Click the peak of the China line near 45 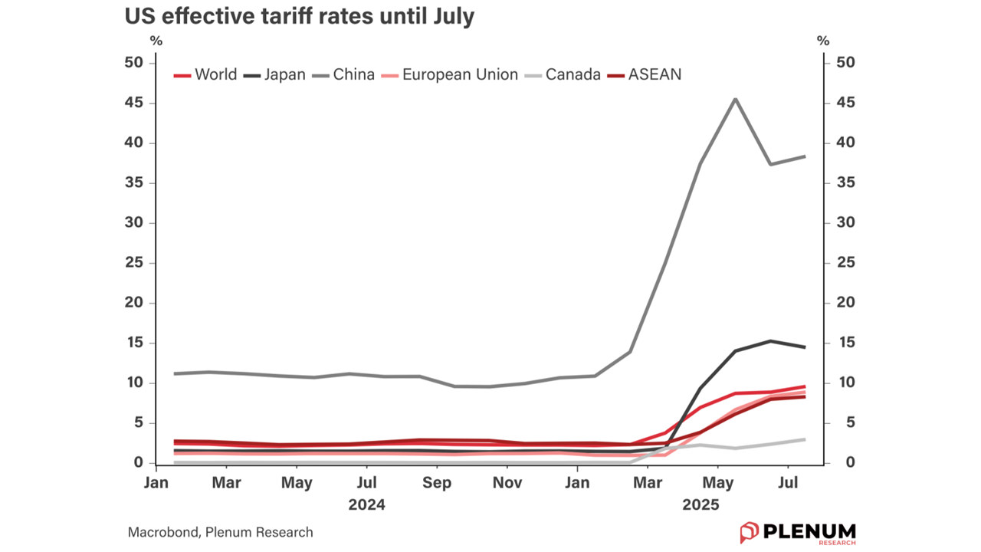pos(735,99)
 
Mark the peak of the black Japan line pos(770,341)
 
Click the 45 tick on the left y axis pos(133,103)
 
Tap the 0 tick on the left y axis pos(138,463)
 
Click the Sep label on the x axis pos(437,483)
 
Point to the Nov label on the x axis pos(507,483)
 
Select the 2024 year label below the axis pos(366,505)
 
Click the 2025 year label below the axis pos(700,505)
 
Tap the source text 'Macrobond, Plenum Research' pos(220,532)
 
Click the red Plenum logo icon pos(749,532)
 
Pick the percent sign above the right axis pos(824,41)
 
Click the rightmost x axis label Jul pos(789,483)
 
